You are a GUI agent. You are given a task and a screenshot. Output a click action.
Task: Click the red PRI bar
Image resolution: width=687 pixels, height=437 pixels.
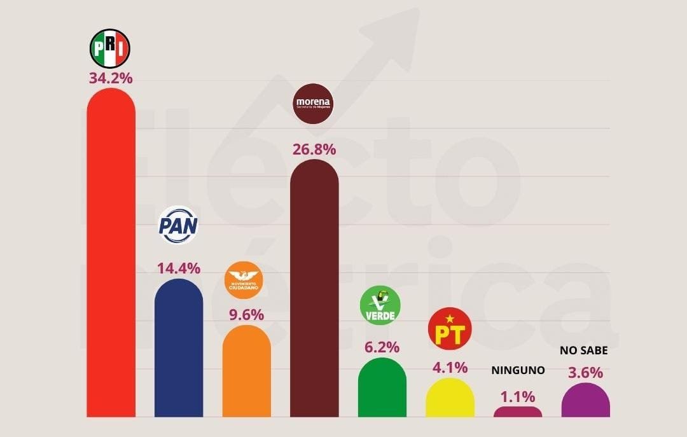tap(111, 254)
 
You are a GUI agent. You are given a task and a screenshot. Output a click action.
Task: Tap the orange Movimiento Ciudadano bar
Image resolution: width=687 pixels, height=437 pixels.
tap(246, 372)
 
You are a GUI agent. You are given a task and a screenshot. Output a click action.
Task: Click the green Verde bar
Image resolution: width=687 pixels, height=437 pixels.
tap(382, 388)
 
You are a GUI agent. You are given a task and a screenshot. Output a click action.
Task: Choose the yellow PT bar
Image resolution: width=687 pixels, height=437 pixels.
tap(450, 398)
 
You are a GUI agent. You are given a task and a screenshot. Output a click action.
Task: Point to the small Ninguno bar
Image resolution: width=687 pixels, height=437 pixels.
tap(518, 412)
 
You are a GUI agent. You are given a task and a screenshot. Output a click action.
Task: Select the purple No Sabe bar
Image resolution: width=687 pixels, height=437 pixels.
tap(586, 401)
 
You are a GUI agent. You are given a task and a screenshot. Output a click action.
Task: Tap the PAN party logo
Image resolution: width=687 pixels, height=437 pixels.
tap(178, 225)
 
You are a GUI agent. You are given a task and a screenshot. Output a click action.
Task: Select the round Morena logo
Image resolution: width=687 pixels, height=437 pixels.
tap(314, 103)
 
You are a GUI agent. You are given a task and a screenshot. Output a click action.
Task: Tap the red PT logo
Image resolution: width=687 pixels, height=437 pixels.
tap(450, 329)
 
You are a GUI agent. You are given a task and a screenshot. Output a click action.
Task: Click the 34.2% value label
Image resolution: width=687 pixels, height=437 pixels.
tap(111, 79)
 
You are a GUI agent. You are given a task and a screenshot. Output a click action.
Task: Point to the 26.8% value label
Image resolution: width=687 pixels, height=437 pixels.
tap(314, 149)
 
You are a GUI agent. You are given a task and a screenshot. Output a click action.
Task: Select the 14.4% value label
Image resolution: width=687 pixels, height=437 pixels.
tap(179, 268)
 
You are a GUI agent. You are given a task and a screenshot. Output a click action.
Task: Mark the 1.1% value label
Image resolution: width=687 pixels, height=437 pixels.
tap(518, 397)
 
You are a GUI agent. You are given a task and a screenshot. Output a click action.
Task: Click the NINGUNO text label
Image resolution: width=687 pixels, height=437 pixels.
tap(518, 370)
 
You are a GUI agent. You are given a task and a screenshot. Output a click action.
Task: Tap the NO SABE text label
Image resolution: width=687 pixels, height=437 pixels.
tap(584, 350)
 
